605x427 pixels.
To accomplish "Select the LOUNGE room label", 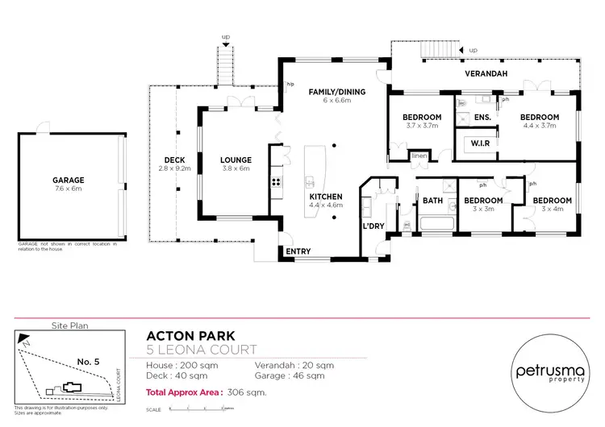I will pos(236,160).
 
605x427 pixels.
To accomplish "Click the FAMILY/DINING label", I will pos(337,92).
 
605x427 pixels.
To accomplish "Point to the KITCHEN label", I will pos(327,197).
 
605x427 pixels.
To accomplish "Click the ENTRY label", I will pos(298,251).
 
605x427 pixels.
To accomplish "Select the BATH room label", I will pos(432,201).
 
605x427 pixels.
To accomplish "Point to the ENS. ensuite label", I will pos(482,118).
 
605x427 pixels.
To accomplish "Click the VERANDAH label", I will pos(485,73).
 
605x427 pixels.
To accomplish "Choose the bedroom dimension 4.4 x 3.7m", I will pos(540,126).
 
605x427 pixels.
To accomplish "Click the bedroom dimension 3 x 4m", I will pos(552,209).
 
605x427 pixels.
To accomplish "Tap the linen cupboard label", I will pos(419,155).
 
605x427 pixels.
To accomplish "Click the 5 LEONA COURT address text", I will pos(201,350).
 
